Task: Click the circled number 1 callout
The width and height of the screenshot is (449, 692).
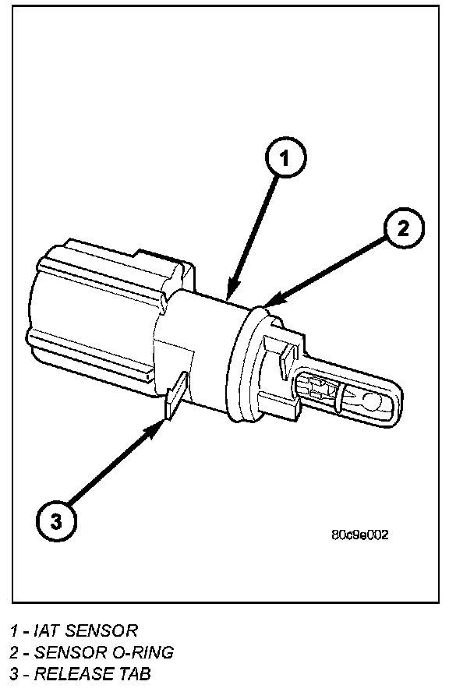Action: click(x=285, y=157)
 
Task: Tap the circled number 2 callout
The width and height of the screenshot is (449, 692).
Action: click(x=404, y=229)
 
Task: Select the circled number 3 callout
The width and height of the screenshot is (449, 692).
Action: click(x=55, y=521)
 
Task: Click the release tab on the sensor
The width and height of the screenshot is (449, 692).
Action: click(x=176, y=395)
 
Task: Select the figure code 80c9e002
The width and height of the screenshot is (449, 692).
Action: click(x=360, y=535)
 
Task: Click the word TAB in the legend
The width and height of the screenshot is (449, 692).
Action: click(x=135, y=674)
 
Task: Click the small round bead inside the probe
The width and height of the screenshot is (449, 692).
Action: click(x=371, y=401)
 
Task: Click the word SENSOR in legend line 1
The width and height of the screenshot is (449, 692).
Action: click(x=101, y=630)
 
